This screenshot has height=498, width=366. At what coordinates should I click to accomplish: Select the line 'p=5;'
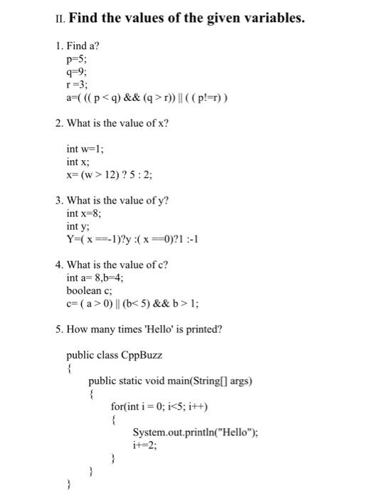75,60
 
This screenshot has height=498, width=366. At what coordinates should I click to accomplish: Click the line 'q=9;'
75,72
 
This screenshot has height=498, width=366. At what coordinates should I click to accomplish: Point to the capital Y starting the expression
70,240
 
